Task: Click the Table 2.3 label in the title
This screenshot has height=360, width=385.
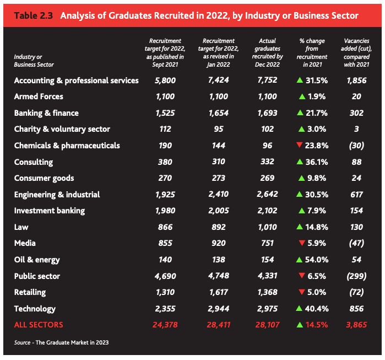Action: [34, 15]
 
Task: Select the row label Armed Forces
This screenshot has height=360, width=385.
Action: [39, 96]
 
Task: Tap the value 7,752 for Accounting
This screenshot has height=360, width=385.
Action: [270, 80]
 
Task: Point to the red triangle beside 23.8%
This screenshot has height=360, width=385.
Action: [300, 146]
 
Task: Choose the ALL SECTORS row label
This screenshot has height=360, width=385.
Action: [39, 325]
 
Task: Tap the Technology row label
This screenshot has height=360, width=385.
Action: [35, 309]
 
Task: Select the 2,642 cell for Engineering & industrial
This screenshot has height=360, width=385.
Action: [270, 195]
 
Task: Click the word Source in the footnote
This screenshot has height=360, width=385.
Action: [22, 343]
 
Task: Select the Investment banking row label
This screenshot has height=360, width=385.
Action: [49, 211]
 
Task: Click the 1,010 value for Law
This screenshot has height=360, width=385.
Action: [270, 227]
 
